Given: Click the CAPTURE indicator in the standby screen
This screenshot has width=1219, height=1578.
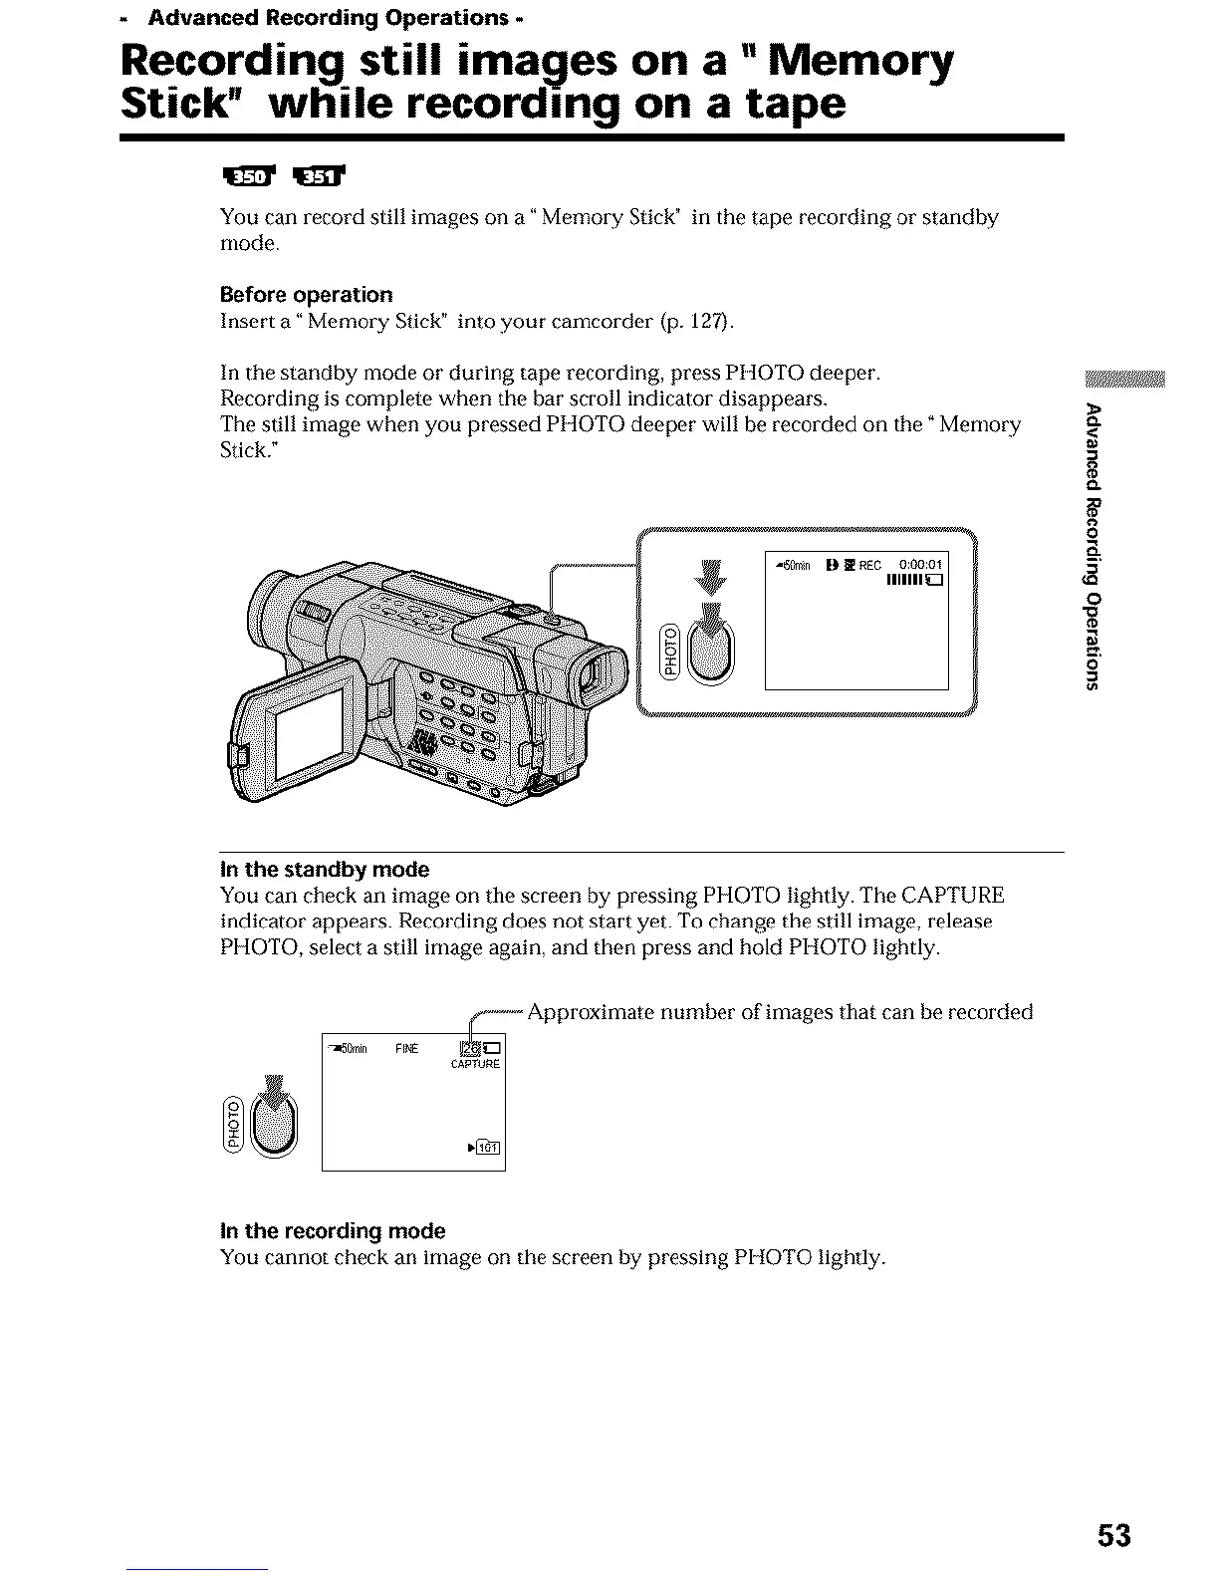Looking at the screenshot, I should click(x=475, y=1064).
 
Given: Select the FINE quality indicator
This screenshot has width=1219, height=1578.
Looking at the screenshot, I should click(x=406, y=1048).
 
